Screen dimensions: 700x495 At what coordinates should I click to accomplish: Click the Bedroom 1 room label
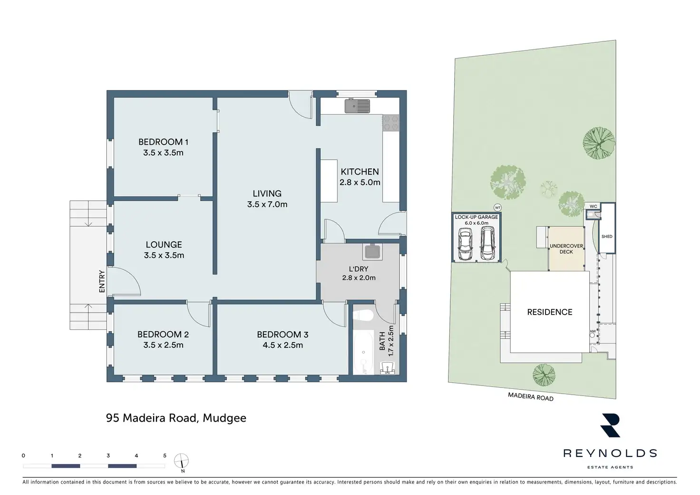[164, 142]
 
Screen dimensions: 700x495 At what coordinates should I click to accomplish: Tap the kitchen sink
[358, 106]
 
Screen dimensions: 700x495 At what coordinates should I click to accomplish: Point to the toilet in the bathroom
[364, 316]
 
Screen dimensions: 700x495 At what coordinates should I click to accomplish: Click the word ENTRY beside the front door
[102, 281]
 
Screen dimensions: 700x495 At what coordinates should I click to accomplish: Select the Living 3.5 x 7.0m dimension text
[267, 205]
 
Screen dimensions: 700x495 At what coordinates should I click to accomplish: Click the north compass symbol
[182, 461]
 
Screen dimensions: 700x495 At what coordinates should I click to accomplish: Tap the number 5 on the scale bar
[165, 456]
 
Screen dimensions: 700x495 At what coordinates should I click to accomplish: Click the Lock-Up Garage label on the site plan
[476, 217]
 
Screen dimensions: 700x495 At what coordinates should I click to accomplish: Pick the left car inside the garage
[465, 244]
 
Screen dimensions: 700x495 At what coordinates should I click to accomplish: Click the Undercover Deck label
[566, 249]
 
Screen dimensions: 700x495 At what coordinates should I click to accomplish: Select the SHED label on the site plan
[607, 237]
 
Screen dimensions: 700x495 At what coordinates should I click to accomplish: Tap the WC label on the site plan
[593, 206]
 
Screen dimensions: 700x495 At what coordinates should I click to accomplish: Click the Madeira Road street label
[531, 396]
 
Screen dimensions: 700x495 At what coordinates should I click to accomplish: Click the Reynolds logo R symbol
[611, 425]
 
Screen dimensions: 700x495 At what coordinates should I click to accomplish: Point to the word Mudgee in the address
[224, 418]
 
